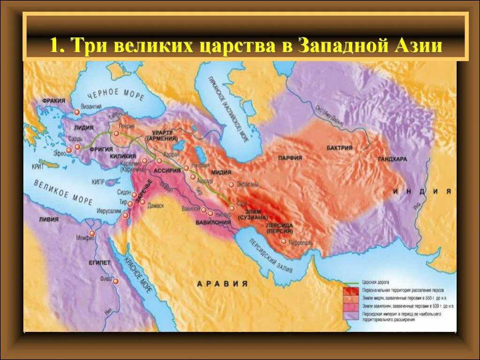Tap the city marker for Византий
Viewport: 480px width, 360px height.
click(76, 112)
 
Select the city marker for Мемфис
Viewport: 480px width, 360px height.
click(92, 233)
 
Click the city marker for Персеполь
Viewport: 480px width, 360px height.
click(284, 241)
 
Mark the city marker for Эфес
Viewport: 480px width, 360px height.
click(69, 150)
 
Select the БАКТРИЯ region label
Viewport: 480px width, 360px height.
click(340, 148)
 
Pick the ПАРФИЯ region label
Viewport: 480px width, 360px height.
click(289, 158)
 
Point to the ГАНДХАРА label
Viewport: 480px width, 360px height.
click(391, 159)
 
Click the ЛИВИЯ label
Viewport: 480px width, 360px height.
click(49, 219)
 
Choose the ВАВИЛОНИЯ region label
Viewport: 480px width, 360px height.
click(213, 222)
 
